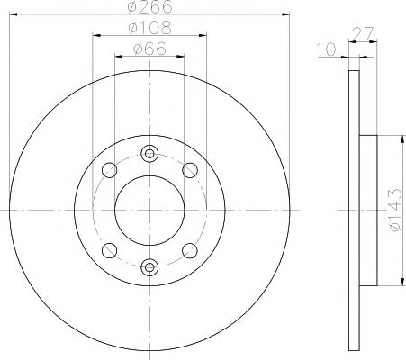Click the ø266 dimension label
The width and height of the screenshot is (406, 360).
click(149, 9)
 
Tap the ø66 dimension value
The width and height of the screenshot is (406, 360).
click(149, 49)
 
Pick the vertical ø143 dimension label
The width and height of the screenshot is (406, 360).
click(393, 211)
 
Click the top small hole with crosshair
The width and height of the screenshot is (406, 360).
click(149, 153)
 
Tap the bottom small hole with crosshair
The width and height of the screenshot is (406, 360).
click(149, 265)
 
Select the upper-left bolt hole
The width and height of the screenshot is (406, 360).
click(109, 169)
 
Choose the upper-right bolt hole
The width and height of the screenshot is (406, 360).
click(190, 169)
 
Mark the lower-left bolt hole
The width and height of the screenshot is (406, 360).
click(109, 250)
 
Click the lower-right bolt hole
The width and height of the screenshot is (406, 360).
click(190, 250)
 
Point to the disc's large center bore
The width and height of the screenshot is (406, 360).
click(149, 210)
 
